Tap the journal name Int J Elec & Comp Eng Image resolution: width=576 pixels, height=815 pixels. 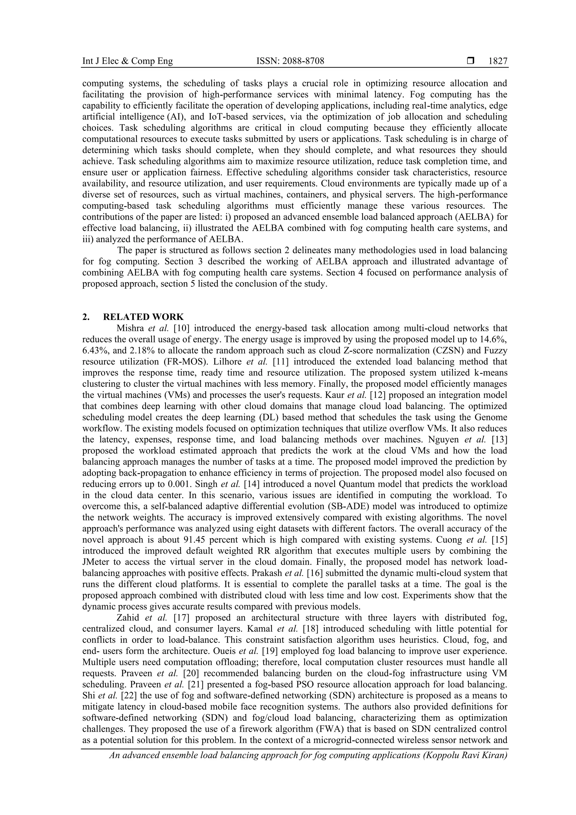[x=127, y=61]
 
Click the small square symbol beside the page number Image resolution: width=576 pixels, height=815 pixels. [x=471, y=61]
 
